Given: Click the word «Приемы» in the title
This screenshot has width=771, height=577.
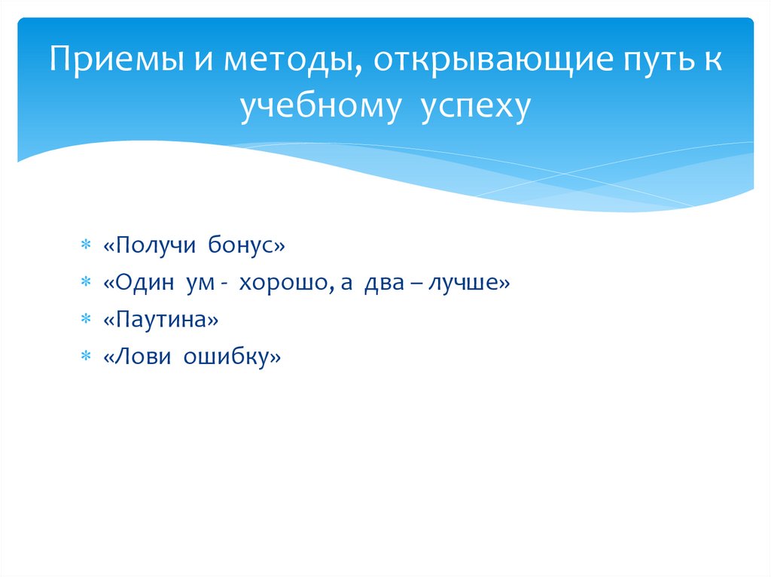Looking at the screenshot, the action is tap(117, 59).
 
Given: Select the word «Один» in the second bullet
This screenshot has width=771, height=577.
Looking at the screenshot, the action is tap(145, 281).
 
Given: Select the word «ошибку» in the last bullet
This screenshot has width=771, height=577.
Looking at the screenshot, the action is tap(227, 357).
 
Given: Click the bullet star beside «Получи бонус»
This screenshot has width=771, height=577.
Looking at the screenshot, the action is tap(86, 244).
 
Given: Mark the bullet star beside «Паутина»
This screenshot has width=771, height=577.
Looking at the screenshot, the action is tap(86, 319).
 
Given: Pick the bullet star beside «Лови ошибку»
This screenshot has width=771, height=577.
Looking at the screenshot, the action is tap(86, 355).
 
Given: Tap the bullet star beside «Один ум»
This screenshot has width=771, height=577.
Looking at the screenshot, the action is tap(86, 281).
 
